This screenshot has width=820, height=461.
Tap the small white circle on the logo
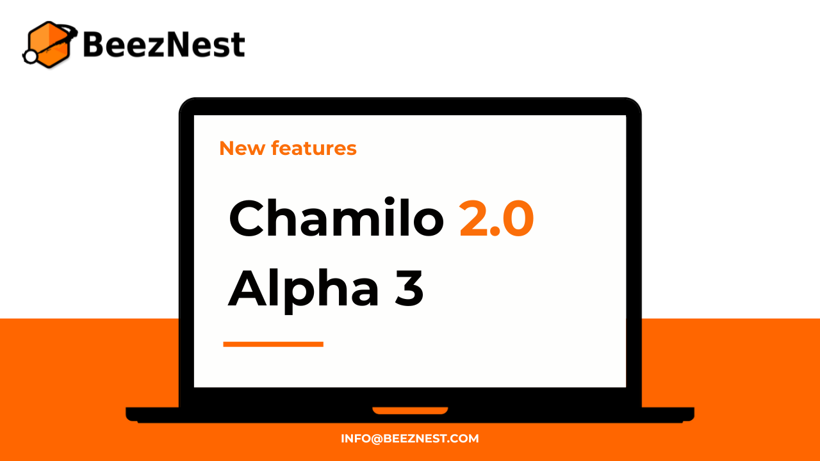pos(30,57)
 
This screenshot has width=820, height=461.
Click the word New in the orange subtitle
pos(242,149)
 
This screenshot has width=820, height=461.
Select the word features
pos(314,149)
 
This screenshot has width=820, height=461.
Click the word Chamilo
pos(336,218)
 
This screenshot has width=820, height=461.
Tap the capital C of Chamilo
pos(249,219)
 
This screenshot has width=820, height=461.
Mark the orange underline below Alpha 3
pos(273,344)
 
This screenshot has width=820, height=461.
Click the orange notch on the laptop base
pos(410,410)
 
